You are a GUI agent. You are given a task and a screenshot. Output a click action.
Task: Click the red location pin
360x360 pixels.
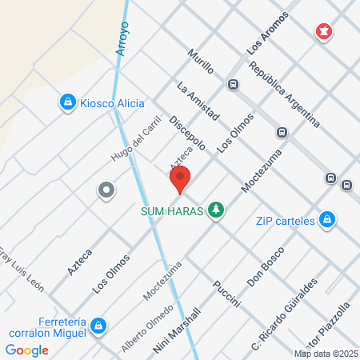pyautogui.click(x=180, y=180)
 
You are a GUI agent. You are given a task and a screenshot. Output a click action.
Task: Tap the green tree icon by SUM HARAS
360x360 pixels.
pyautogui.click(x=215, y=210)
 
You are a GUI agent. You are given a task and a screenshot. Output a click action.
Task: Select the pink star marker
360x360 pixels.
pyautogui.click(x=324, y=32)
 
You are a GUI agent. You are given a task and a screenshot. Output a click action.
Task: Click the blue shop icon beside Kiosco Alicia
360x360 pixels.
pyautogui.click(x=68, y=102)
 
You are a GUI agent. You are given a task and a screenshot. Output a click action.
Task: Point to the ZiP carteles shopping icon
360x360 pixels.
pyautogui.click(x=326, y=219)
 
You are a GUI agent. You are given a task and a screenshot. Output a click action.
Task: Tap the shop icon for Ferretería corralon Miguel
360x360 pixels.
pyautogui.click(x=98, y=325)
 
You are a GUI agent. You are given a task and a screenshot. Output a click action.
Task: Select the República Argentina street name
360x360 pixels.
pyautogui.click(x=285, y=95)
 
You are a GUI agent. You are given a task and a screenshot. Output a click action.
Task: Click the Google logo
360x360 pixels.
pyautogui.click(x=27, y=350)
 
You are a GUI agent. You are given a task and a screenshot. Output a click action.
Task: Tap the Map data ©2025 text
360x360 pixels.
pyautogui.click(x=325, y=354)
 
